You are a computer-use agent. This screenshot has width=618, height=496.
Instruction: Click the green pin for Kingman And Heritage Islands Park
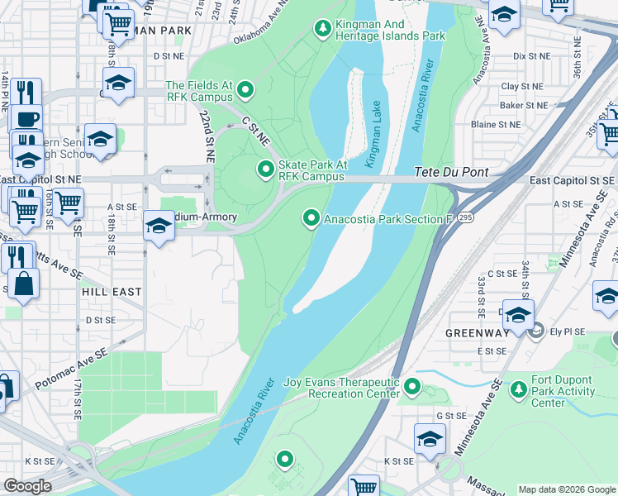pyautogui.click(x=323, y=30)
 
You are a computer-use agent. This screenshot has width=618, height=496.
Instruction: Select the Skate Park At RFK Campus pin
pyautogui.click(x=266, y=170)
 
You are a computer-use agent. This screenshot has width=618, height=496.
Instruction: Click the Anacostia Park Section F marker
pyautogui.click(x=311, y=218)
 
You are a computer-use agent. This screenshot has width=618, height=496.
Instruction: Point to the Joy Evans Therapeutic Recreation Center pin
pyautogui.click(x=411, y=387)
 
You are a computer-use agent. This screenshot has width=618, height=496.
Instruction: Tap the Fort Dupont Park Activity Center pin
pyautogui.click(x=518, y=388)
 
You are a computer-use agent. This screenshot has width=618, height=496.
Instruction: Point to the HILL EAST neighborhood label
pyautogui.click(x=112, y=292)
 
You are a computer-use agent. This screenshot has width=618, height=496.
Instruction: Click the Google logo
pyautogui.click(x=27, y=486)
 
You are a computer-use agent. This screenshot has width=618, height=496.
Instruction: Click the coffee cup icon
pyautogui.click(x=26, y=118)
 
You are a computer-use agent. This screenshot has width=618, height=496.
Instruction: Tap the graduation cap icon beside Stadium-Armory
pyautogui.click(x=158, y=225)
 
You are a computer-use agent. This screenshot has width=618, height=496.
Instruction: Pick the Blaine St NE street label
pyautogui.click(x=496, y=124)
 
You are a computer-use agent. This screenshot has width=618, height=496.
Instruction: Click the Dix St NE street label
pyautogui.click(x=531, y=56)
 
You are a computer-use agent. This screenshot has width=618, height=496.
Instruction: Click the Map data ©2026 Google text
pyautogui.click(x=566, y=489)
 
